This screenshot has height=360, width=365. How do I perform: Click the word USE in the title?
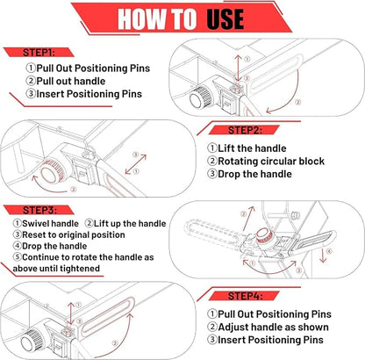click(x=225, y=19)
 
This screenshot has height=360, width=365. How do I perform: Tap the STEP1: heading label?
click(x=39, y=53)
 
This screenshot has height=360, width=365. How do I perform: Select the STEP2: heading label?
click(x=245, y=130)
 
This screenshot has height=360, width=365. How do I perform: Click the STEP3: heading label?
click(x=39, y=210)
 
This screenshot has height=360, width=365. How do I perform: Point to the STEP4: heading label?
click(x=245, y=296)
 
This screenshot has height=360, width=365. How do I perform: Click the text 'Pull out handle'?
click(x=71, y=81)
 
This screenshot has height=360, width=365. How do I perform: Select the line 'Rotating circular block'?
click(x=271, y=162)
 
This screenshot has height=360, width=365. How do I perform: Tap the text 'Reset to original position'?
click(x=74, y=234)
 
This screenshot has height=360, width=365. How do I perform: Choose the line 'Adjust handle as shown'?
click(x=273, y=327)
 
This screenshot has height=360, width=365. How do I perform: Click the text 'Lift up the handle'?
click(x=130, y=224)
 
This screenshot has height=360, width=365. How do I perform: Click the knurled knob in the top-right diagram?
click(x=200, y=97)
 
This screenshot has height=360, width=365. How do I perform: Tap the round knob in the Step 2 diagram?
click(x=53, y=173)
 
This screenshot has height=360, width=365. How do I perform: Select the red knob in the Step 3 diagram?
click(x=265, y=236)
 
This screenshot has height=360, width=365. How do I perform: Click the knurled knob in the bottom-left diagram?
click(x=32, y=342)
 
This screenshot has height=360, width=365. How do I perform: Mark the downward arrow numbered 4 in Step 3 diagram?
click(x=323, y=256)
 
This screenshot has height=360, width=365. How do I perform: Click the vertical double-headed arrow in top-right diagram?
click(x=239, y=68)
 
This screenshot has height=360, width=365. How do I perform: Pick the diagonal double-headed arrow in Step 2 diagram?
click(x=135, y=164)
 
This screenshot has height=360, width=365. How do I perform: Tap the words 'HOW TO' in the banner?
click(x=157, y=19)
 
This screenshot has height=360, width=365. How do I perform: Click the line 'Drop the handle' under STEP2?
click(x=254, y=174)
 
